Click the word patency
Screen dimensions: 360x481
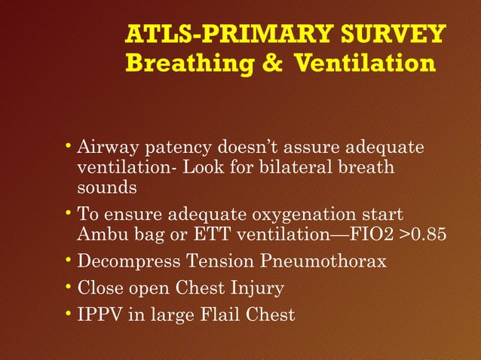pos(174,147)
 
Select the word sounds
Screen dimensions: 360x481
pos(106,186)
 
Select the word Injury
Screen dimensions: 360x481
pos(259,288)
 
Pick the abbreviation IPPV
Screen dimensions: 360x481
pos(101,314)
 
